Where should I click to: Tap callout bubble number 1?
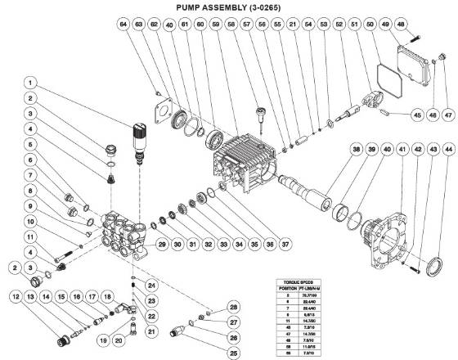tap(30, 83)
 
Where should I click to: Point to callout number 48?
tap(424, 25)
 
